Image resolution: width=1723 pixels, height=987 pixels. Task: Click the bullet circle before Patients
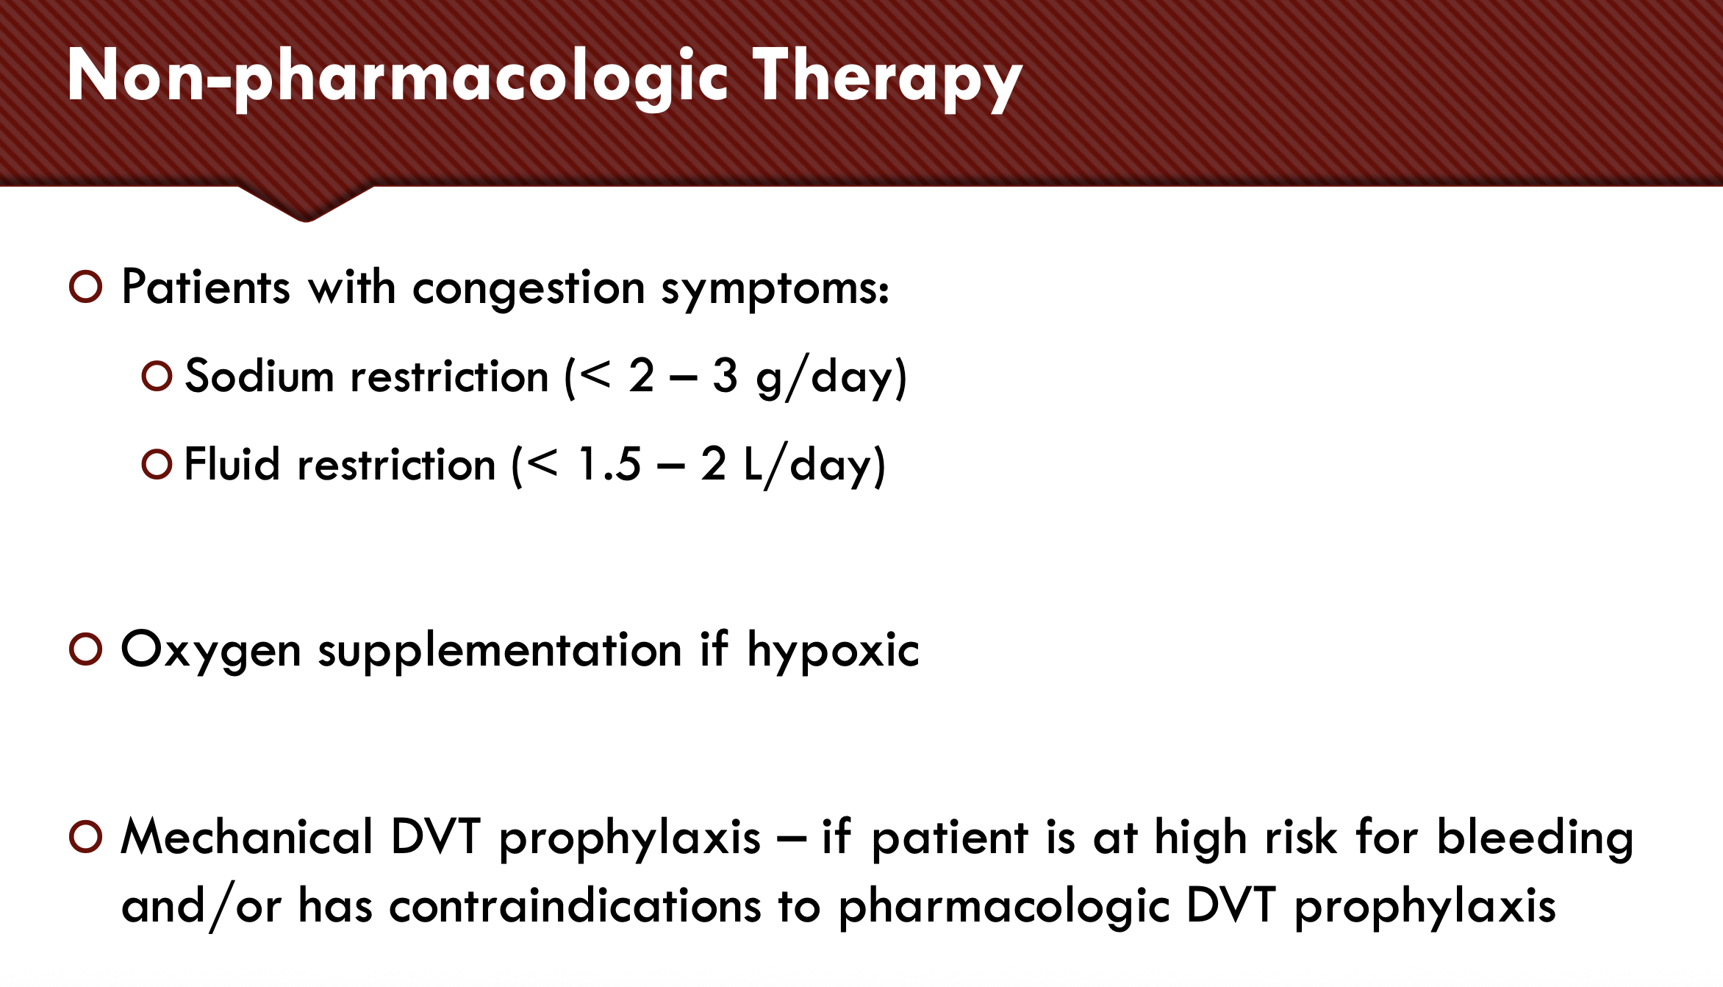click(x=85, y=287)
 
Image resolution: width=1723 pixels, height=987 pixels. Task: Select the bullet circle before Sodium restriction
click(x=157, y=376)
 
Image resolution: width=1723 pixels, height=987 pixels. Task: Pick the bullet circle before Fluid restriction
click(x=157, y=464)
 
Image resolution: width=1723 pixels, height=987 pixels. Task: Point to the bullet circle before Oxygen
click(x=85, y=649)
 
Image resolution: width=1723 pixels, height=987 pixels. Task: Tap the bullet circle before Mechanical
click(x=85, y=837)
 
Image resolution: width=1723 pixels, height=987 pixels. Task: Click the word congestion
click(x=529, y=289)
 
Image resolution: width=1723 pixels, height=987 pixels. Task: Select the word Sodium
click(x=259, y=376)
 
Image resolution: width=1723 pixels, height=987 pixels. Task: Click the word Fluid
click(x=232, y=464)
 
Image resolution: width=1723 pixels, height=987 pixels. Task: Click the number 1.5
click(x=609, y=464)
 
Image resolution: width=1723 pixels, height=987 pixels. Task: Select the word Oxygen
click(x=212, y=652)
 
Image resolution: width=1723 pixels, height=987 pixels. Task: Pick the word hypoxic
click(x=834, y=650)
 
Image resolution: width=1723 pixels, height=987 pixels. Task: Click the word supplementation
click(x=501, y=652)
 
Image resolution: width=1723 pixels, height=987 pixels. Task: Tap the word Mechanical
click(x=247, y=837)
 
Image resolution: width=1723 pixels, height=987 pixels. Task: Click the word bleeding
click(x=1536, y=838)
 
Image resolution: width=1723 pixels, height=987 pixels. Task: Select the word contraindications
click(x=576, y=905)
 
